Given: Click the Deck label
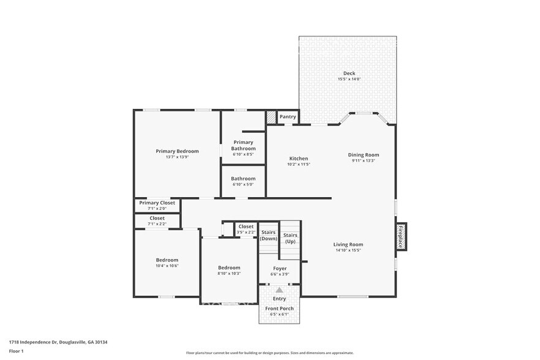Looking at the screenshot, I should click(349, 73).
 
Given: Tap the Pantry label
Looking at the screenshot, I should click(288, 116).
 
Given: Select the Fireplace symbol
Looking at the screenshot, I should click(402, 236).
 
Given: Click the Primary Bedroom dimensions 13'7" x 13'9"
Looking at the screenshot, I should click(177, 157).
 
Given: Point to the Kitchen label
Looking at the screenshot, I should click(299, 159).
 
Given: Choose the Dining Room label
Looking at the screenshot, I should click(364, 155).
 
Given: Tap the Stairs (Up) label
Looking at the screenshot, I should click(290, 238).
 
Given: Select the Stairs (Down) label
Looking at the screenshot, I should click(269, 235).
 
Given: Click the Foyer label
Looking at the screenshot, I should click(280, 268).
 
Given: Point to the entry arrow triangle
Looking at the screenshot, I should click(279, 290).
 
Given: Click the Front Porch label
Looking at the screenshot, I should click(279, 308).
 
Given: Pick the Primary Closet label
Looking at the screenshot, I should click(157, 203).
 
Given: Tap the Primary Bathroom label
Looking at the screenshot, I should click(242, 145).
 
